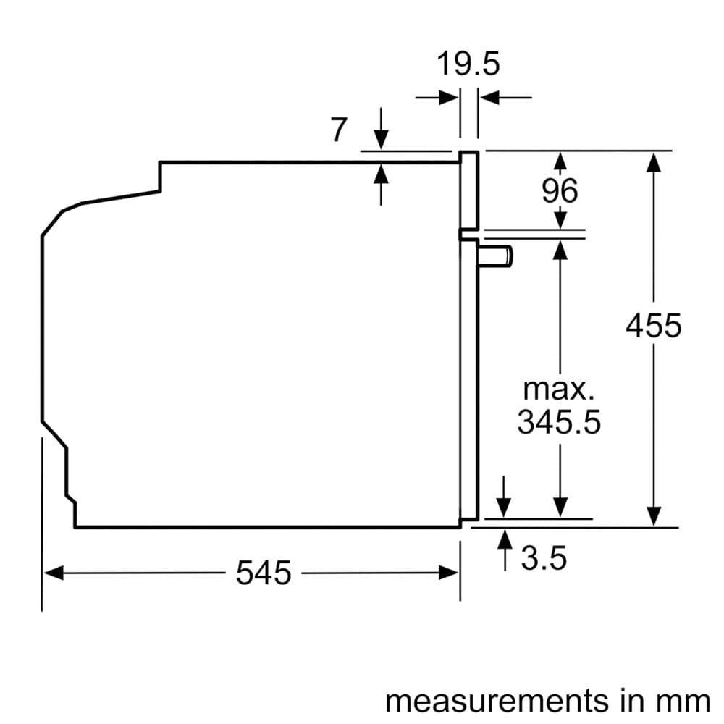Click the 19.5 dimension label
click(468, 64)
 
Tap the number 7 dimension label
click(339, 130)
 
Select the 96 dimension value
click(560, 190)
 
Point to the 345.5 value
click(559, 422)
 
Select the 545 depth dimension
click(264, 573)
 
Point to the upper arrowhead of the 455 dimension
click(654, 161)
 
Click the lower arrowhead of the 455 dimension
click(654, 516)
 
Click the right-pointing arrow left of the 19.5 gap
click(449, 96)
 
